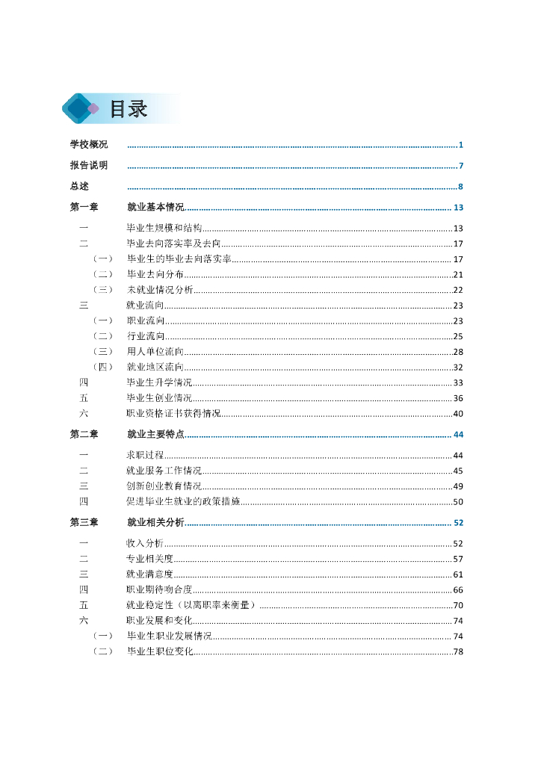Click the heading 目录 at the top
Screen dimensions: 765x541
point(129,109)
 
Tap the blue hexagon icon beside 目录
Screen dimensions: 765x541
point(78,109)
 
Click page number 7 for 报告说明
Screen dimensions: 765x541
point(462,166)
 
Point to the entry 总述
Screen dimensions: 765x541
point(79,187)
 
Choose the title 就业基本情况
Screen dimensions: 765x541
point(155,208)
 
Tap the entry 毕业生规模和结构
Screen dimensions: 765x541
point(164,229)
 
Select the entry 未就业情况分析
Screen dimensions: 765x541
point(160,290)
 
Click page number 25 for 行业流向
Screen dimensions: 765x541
point(458,336)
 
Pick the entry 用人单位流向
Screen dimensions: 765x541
point(155,351)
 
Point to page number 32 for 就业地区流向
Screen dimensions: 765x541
point(458,367)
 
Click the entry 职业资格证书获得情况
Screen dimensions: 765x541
point(174,413)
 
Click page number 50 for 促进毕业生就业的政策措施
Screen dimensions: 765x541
point(458,502)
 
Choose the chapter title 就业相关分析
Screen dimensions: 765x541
point(155,522)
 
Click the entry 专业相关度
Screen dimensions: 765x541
point(150,559)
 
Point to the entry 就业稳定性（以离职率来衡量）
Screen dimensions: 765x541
point(191,605)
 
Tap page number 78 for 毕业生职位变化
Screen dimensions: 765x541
point(458,652)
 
